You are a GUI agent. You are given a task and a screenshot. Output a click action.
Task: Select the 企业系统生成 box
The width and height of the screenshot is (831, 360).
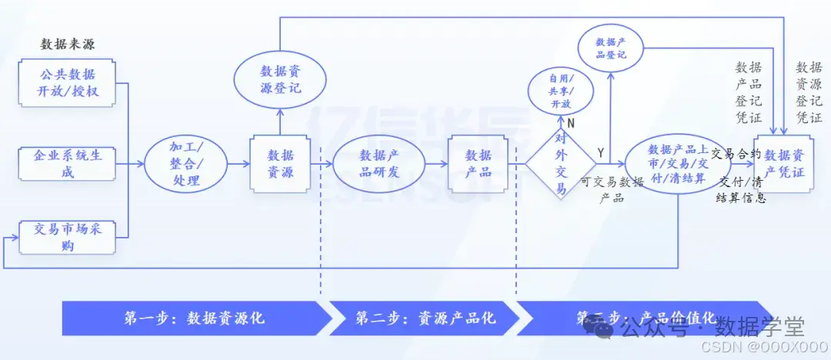pyautogui.click(x=68, y=163)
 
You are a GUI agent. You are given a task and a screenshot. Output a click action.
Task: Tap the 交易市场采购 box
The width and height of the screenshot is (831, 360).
pyautogui.click(x=68, y=236)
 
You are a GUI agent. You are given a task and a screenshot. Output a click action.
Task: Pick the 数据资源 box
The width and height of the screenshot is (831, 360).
pyautogui.click(x=280, y=163)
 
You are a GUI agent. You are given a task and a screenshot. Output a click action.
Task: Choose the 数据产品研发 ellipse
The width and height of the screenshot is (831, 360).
pyautogui.click(x=379, y=163)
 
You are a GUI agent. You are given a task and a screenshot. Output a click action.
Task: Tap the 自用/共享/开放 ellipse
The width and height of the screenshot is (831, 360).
pyautogui.click(x=560, y=92)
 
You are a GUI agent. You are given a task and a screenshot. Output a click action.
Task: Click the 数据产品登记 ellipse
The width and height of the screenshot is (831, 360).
pyautogui.click(x=611, y=48)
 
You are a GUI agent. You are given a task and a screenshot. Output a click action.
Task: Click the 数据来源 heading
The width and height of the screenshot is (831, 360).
pyautogui.click(x=68, y=44)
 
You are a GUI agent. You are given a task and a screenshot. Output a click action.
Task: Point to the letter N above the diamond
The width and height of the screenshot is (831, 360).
pyautogui.click(x=571, y=122)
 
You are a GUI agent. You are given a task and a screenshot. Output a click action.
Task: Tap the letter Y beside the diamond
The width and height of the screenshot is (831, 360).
pyautogui.click(x=601, y=152)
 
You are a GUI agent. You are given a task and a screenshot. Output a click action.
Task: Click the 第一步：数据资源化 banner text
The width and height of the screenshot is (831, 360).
pyautogui.click(x=194, y=318)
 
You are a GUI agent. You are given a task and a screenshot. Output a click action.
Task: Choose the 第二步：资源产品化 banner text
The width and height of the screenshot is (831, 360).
pyautogui.click(x=426, y=318)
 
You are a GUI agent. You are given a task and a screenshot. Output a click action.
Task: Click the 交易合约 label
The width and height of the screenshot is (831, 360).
pyautogui.click(x=736, y=153)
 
